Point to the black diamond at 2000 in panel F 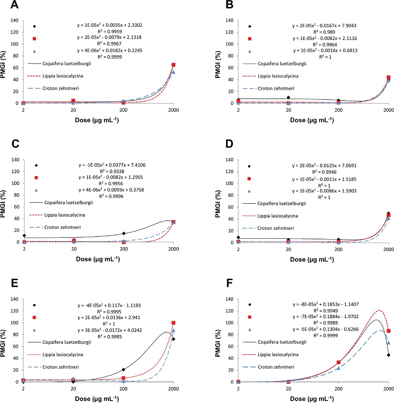click(389, 355)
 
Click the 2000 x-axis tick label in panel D click(388, 250)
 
